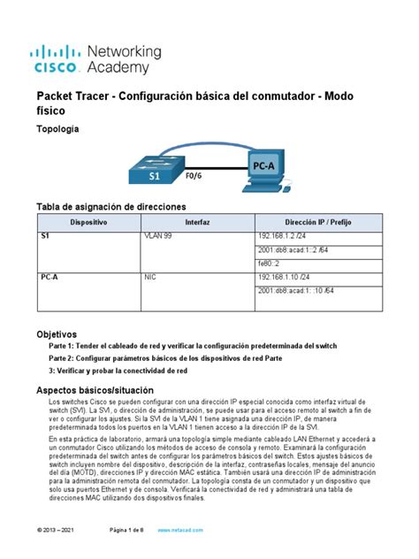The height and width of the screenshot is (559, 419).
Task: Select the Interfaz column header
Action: pyautogui.click(x=197, y=222)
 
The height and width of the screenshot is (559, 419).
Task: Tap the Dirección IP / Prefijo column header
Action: pyautogui.click(x=317, y=222)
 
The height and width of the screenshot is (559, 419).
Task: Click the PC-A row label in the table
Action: pyautogui.click(x=50, y=277)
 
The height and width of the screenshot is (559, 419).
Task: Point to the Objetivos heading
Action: pyautogui.click(x=56, y=333)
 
